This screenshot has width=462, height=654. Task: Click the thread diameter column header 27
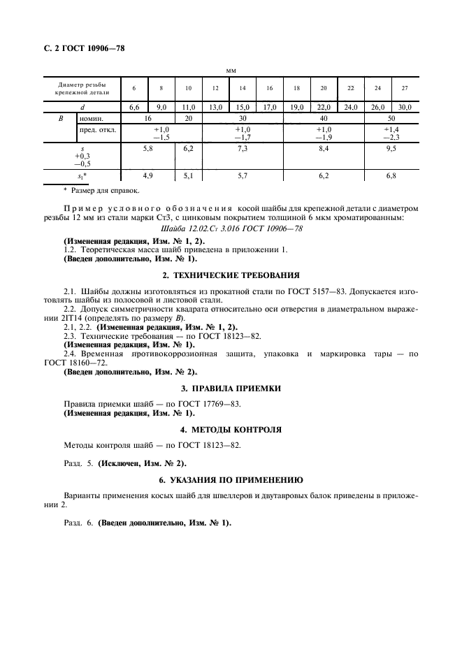[404, 88]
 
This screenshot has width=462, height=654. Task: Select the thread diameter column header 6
[134, 88]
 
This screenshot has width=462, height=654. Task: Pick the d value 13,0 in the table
[215, 107]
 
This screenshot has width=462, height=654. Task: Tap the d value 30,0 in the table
[404, 107]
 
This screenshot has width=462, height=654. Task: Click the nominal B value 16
[147, 119]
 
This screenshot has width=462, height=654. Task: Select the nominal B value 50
[391, 119]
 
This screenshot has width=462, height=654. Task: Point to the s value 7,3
[243, 150]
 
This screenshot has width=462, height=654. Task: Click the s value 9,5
[391, 150]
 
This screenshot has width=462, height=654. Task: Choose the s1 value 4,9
[147, 176]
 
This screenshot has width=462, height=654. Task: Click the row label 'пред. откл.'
[98, 130]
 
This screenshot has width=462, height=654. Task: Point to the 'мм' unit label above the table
[231, 71]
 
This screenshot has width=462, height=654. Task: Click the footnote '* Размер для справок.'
[101, 190]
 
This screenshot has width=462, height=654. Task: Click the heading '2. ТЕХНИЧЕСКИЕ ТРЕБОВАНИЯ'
[231, 275]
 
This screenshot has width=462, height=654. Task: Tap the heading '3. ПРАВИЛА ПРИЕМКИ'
[231, 388]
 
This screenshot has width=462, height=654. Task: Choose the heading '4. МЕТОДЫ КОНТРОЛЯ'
[231, 429]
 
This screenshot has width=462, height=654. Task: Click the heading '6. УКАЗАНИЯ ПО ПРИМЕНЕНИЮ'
[231, 480]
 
